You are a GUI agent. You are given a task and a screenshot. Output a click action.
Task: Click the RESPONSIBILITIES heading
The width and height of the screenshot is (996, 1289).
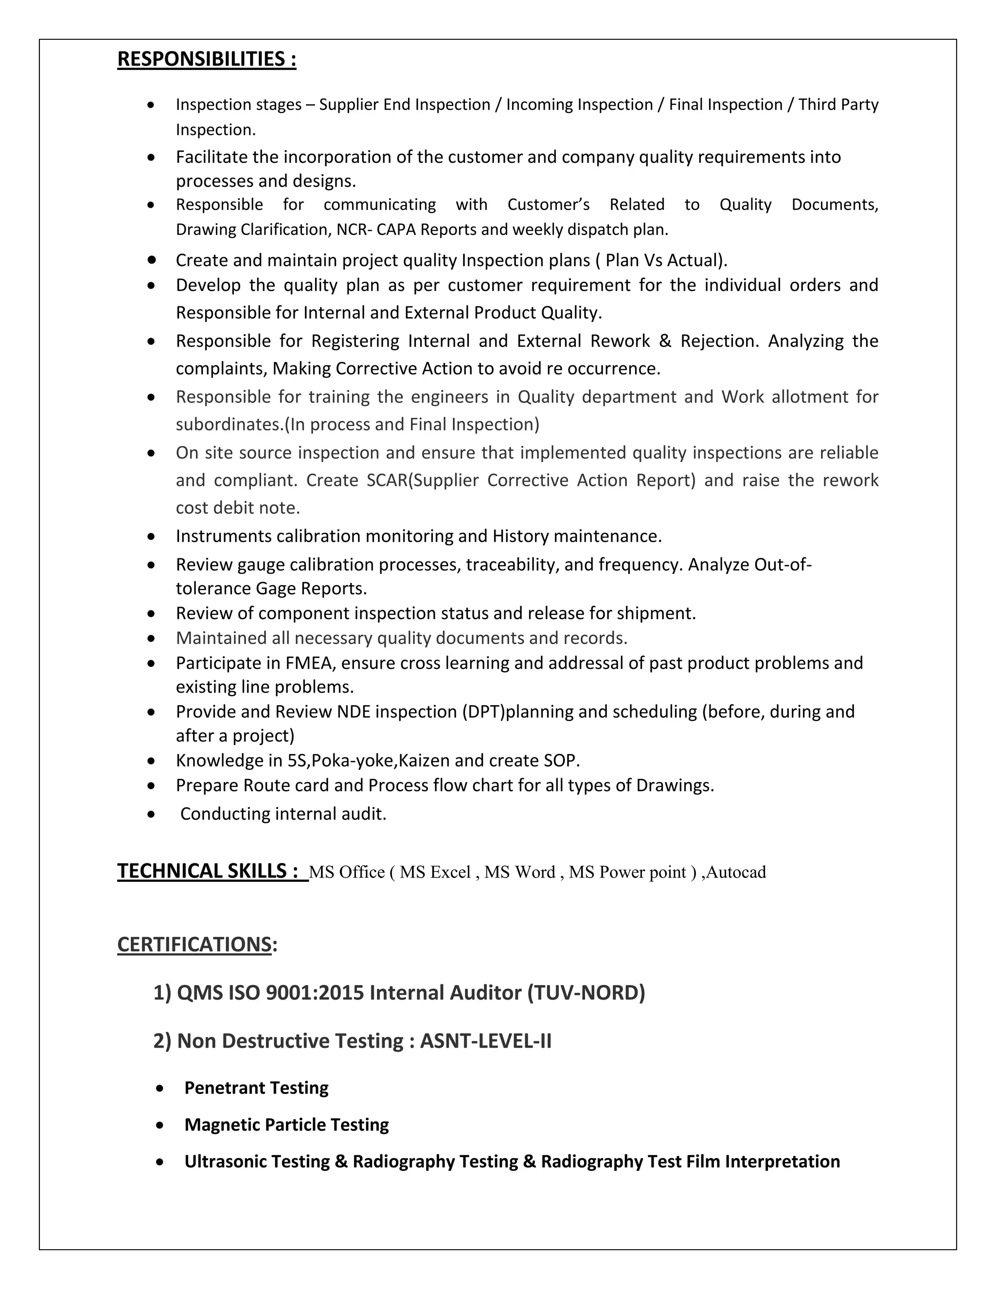click(x=207, y=60)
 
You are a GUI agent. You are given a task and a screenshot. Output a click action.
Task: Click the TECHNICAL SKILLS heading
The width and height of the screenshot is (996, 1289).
click(x=208, y=871)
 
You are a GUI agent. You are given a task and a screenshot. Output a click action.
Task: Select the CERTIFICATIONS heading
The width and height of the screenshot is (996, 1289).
click(x=195, y=944)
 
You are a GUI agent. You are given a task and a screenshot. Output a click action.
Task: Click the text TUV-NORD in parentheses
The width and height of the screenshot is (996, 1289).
click(x=586, y=993)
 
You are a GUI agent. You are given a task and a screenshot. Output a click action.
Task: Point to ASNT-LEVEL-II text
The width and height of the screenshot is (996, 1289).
click(x=486, y=1041)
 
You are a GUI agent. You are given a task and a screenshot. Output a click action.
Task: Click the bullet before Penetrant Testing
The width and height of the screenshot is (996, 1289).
click(x=160, y=1088)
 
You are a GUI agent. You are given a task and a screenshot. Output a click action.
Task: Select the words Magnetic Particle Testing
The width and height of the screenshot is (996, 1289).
click(x=287, y=1125)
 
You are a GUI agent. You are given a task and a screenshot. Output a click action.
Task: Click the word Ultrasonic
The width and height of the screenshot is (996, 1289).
click(x=227, y=1162)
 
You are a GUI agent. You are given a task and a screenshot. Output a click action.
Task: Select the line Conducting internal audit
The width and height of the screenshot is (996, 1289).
click(x=283, y=814)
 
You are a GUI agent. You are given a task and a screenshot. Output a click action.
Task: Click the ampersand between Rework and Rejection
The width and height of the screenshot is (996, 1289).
click(x=665, y=341)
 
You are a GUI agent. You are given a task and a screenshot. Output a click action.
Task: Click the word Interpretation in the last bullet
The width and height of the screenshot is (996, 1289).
click(x=783, y=1162)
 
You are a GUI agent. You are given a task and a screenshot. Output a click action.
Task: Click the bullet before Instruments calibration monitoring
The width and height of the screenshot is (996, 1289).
click(x=152, y=537)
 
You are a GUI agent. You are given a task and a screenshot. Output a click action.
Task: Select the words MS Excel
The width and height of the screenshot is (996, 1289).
click(x=435, y=872)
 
